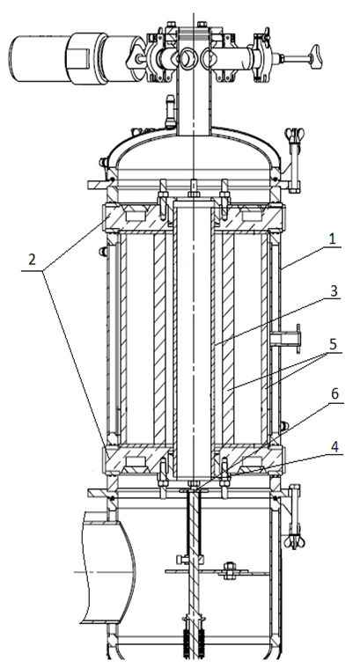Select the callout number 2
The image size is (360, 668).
pos(32,260)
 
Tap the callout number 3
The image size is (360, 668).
pos(334,291)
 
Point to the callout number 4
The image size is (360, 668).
pos(334,447)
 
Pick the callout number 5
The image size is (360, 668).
pos(334,344)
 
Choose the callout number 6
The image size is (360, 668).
pos(334,394)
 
